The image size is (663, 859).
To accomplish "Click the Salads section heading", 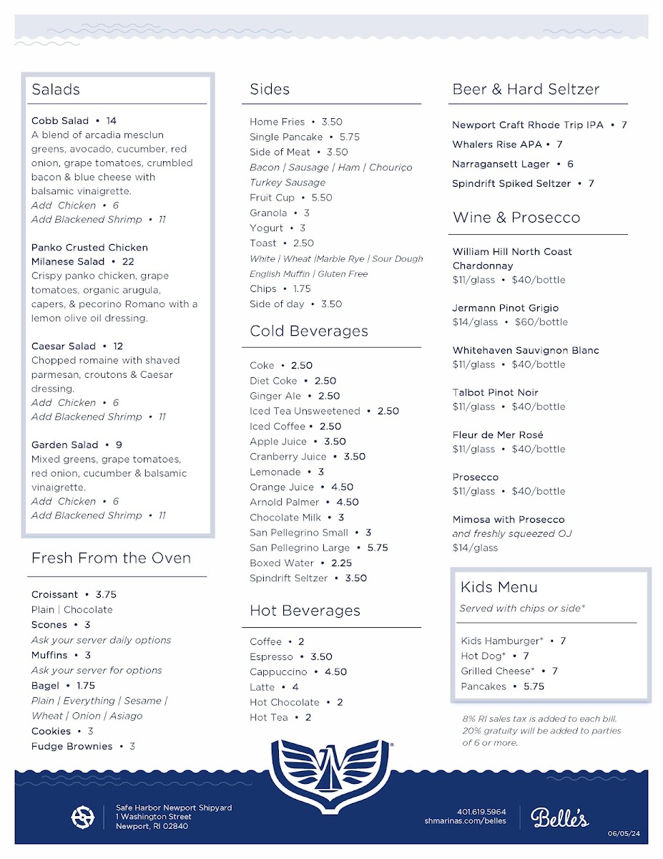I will (56, 89).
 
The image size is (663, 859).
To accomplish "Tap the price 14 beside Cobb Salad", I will (111, 121).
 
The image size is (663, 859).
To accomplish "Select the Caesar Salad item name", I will (63, 346).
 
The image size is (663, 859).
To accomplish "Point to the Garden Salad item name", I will (64, 445).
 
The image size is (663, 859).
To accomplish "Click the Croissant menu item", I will (54, 595).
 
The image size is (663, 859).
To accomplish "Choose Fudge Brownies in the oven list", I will (72, 747).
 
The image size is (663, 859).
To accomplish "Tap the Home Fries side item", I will (277, 122).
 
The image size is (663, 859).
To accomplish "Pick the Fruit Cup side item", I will (272, 198).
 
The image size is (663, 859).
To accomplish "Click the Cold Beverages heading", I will (309, 331).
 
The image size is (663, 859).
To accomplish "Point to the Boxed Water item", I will (282, 563).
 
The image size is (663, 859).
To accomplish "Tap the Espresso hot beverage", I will (271, 657).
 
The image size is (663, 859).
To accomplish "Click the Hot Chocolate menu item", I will (284, 703).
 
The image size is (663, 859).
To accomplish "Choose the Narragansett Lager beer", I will (501, 165).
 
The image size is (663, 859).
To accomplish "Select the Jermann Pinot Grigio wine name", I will (505, 309).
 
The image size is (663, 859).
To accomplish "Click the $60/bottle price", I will (541, 322).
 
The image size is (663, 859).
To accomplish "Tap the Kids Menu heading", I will (499, 588).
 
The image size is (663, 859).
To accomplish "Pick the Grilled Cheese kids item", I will (497, 671).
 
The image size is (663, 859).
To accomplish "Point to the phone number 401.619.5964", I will (481, 812).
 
